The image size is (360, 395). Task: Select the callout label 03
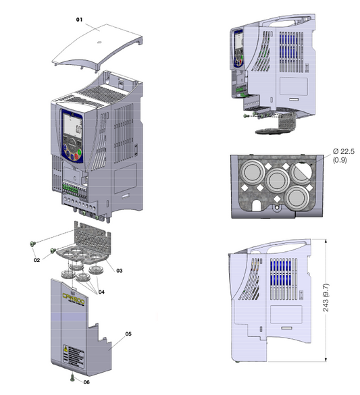(118, 270)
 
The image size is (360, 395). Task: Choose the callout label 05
(129, 334)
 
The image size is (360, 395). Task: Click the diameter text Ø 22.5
(344, 153)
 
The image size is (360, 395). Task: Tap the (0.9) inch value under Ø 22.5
(344, 161)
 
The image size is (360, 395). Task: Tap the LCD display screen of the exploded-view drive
(72, 125)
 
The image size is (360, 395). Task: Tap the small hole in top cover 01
(99, 42)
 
